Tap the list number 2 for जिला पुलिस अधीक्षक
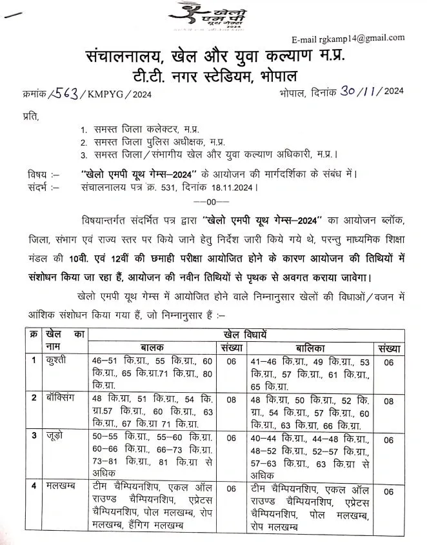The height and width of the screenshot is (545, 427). pyautogui.click(x=84, y=141)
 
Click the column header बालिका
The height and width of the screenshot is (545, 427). pyautogui.click(x=309, y=346)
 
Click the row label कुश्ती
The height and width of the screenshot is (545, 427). pyautogui.click(x=56, y=360)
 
